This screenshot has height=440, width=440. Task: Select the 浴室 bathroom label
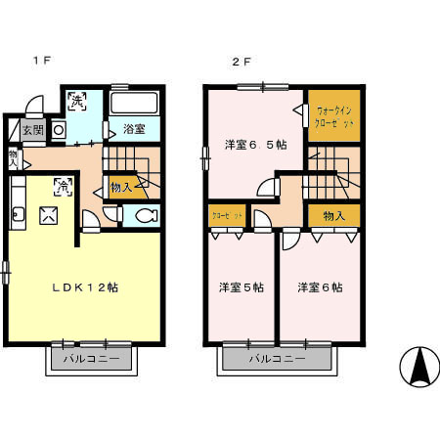135,129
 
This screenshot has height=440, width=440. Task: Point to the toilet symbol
145,217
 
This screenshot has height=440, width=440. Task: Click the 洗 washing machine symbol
77,100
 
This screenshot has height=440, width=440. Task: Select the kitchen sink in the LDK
17,215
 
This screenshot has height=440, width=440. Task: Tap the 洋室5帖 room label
241,287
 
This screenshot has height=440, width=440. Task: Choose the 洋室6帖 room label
320,287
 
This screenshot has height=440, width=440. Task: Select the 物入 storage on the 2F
333,215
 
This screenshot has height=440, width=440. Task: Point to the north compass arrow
419,366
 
